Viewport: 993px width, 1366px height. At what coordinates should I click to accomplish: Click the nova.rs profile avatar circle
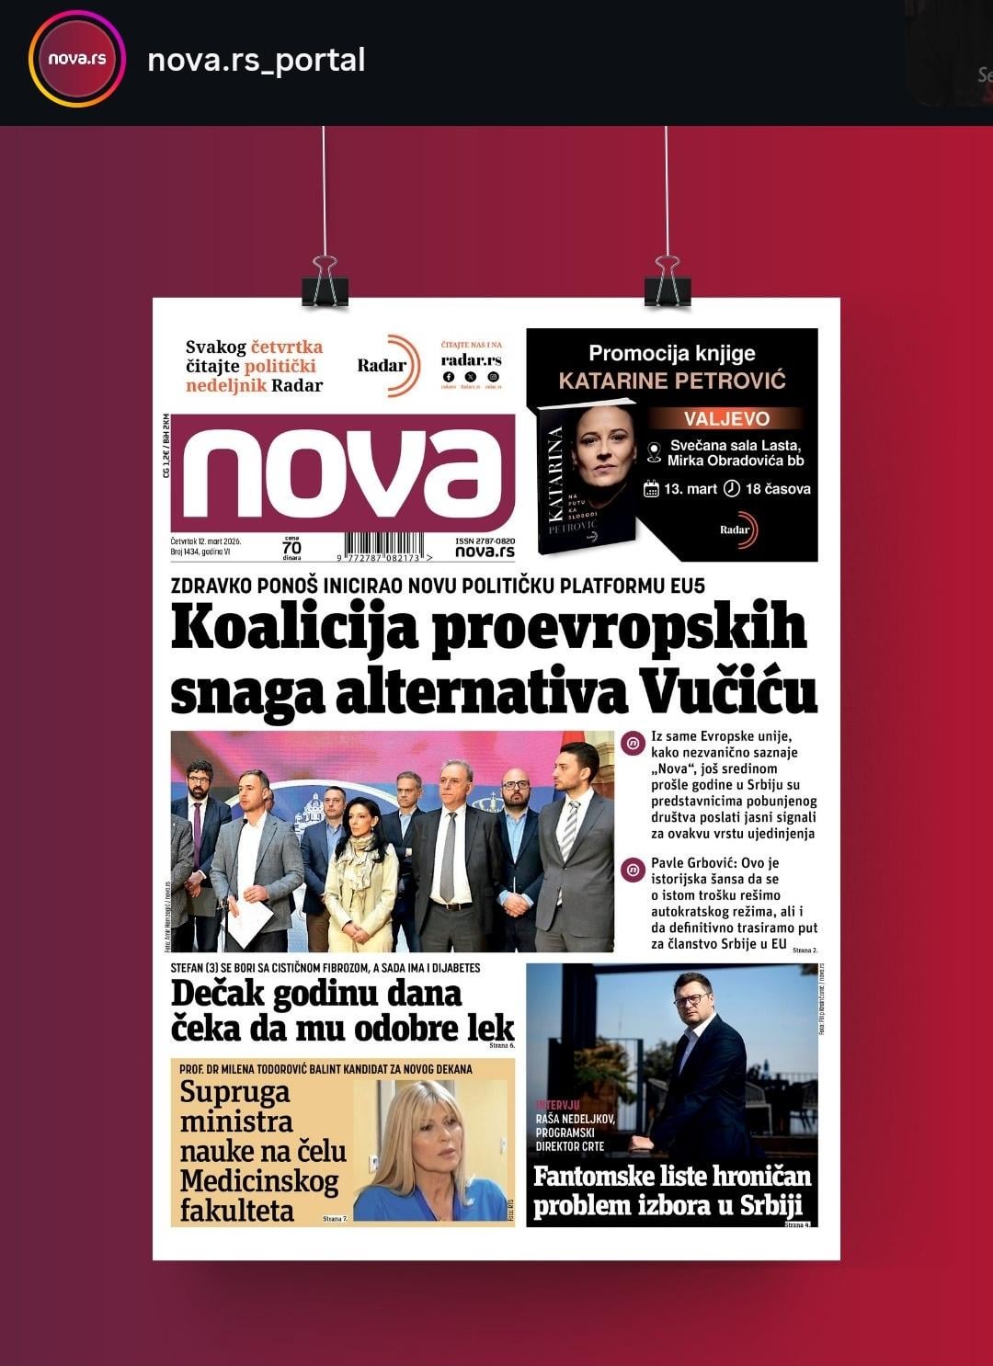coord(77,60)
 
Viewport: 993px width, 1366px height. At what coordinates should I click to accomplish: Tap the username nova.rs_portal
coord(257,60)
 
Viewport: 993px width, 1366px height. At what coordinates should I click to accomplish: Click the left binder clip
coord(325,281)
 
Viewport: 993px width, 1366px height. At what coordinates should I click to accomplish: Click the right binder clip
coord(668,281)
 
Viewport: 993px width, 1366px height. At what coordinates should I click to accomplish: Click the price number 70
coord(291,548)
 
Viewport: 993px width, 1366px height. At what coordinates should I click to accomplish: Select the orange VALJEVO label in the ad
coord(726,419)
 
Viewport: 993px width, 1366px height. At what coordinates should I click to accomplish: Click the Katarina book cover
coord(586,478)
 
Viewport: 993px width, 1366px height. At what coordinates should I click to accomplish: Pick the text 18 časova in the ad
coord(777,489)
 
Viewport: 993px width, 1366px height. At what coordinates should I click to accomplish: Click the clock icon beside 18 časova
coord(732,488)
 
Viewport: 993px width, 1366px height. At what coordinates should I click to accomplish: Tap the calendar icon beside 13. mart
coord(651,488)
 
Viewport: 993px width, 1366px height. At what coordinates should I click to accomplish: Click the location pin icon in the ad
coord(654,452)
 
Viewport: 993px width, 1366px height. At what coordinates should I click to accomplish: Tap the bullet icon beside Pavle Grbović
coord(632,869)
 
